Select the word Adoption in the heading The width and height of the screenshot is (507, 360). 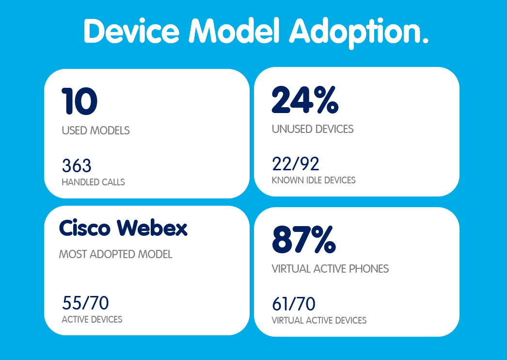click(359, 33)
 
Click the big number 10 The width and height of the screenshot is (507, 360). click(79, 101)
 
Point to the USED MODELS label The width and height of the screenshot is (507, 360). click(95, 131)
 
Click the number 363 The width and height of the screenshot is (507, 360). click(77, 166)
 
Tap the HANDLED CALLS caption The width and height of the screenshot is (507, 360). click(93, 183)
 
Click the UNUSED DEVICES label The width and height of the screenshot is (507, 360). click(313, 129)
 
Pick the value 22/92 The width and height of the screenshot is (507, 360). click(296, 164)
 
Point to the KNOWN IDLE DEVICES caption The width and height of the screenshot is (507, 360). click(314, 180)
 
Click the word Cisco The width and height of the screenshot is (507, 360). click(85, 228)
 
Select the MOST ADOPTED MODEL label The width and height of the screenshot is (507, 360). click(115, 255)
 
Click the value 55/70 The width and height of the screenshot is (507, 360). click(85, 303)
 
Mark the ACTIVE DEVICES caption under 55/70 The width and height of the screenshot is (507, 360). click(92, 320)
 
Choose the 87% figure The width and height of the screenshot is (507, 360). click(304, 239)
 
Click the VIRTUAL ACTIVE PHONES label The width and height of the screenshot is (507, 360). click(330, 269)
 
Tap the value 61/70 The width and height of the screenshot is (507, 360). click(294, 304)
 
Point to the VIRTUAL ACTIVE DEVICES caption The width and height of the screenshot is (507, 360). click(319, 321)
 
